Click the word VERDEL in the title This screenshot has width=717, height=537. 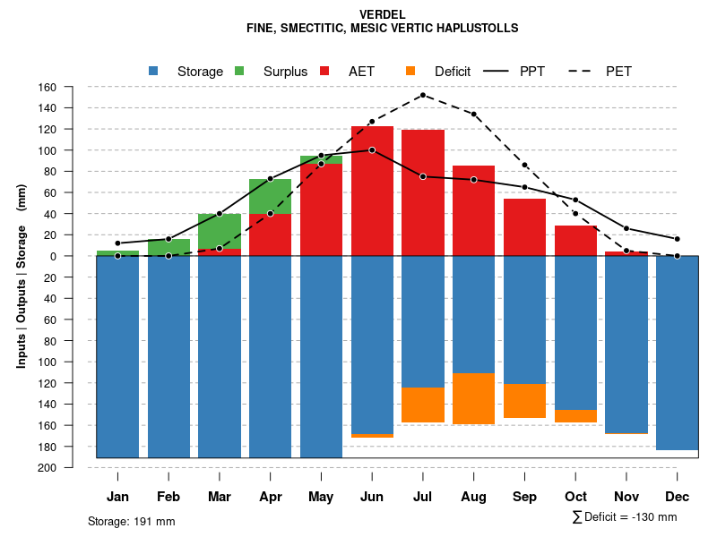(x=382, y=15)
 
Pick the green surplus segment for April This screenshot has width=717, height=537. (x=270, y=196)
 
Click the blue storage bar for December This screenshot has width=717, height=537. (x=677, y=353)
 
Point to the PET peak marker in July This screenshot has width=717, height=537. (x=422, y=95)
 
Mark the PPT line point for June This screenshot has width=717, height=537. (x=372, y=149)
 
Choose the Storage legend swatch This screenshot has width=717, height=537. (x=154, y=71)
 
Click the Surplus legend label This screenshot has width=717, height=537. (x=285, y=71)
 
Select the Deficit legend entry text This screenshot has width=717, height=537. (x=459, y=71)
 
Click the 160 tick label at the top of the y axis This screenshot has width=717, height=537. (x=48, y=87)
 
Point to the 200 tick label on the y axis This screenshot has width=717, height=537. (x=48, y=467)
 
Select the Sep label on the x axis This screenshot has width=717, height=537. (x=524, y=497)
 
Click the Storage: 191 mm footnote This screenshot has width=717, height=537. (x=131, y=521)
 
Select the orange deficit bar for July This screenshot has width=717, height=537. (x=423, y=405)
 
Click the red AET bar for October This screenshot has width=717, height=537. (x=575, y=240)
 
